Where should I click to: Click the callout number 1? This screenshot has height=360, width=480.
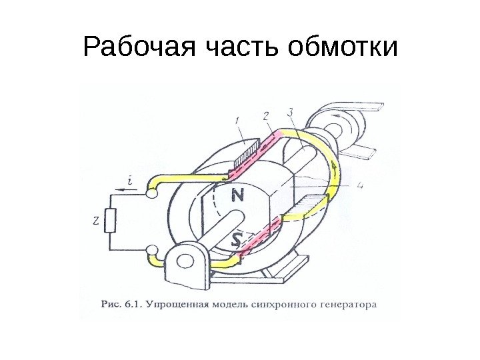(238, 121)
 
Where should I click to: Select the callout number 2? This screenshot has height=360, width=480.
(267, 115)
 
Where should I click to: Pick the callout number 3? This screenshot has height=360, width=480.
(291, 111)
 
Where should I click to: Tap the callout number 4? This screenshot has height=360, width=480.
(360, 185)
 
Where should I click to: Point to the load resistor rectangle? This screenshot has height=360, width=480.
(112, 219)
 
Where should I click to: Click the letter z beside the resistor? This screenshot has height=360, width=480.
(96, 219)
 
